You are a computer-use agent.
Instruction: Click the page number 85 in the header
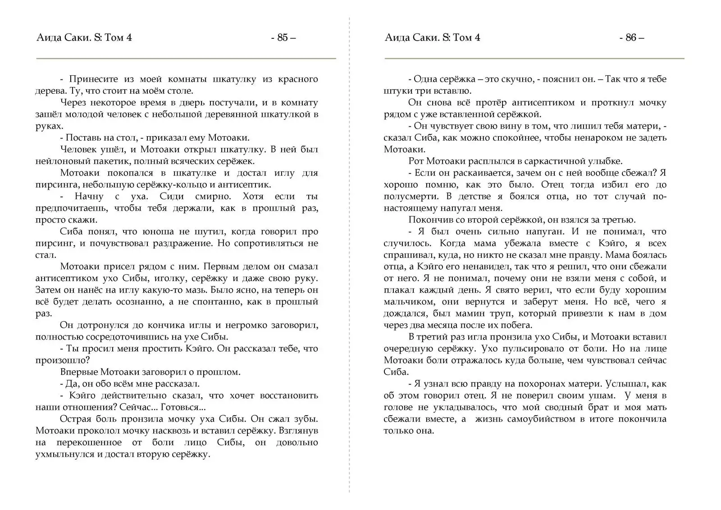[283, 37]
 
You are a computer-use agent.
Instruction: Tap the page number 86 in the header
[631, 37]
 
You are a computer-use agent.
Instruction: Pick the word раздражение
[185, 244]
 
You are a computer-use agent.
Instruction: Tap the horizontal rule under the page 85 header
[186, 59]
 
